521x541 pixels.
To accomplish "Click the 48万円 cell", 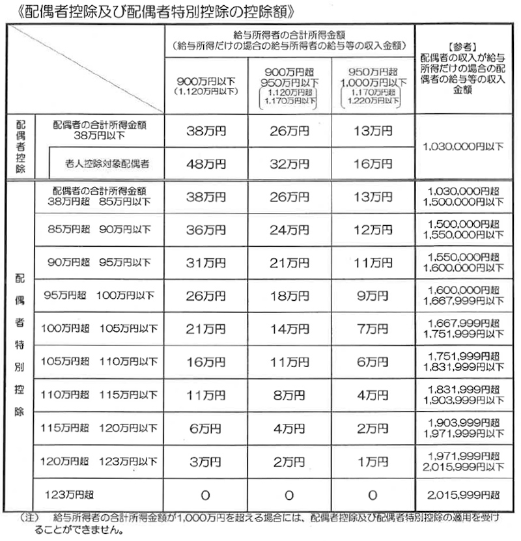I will [x=205, y=163].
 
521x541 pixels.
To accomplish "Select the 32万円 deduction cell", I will [x=289, y=163].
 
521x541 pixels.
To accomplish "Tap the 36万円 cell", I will [x=205, y=230].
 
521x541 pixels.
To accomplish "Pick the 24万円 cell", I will [x=289, y=230].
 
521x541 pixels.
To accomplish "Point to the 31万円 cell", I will [x=205, y=263].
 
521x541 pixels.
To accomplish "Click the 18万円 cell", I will [x=289, y=296].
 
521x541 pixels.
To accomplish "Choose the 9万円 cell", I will [x=373, y=296].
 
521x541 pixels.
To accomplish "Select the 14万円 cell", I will [x=289, y=329].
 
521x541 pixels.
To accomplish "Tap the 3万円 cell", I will [x=205, y=462].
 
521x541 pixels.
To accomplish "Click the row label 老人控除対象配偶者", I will [x=107, y=163].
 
